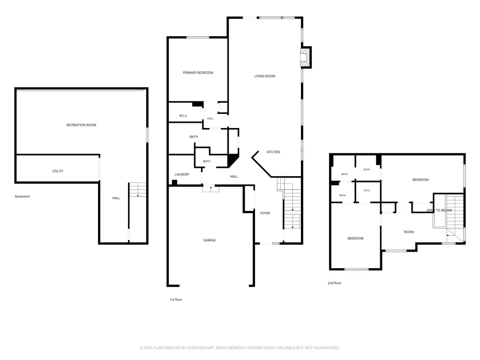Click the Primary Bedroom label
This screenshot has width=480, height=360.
coord(198,73)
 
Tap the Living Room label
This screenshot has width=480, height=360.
coord(265,76)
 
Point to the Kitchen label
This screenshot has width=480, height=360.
coord(273,152)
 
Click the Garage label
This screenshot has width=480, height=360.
coord(210,240)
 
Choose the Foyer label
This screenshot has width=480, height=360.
coord(265,213)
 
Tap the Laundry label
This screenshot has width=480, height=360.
coord(182,174)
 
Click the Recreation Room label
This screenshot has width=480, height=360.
coord(82,125)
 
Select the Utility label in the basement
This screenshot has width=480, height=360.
coord(58,171)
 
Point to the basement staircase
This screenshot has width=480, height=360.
coord(137,190)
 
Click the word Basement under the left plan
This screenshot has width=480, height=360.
coord(22,196)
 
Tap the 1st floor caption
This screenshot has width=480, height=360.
coord(176,300)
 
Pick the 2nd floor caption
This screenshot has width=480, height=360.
coord(334,283)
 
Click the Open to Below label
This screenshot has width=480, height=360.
coord(439,210)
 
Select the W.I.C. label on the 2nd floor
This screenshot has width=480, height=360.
coord(367,190)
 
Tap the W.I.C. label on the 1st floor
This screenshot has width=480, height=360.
coord(183,116)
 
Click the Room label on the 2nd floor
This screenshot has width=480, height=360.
coord(409,232)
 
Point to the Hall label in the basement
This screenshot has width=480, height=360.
coord(116,198)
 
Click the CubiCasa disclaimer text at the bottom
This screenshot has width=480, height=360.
coord(240,348)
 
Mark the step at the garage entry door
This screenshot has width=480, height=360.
coord(210,188)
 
